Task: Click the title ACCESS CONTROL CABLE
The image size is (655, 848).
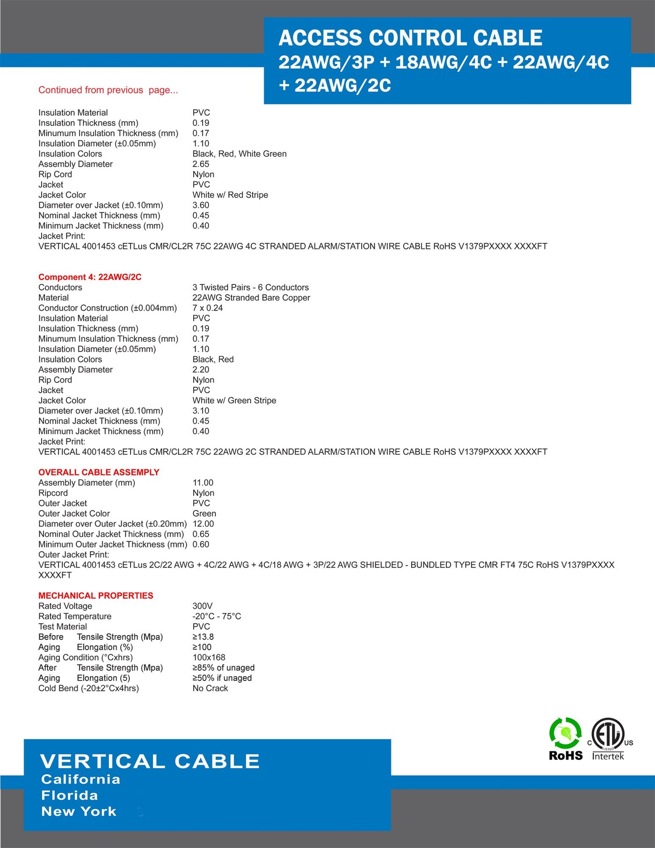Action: click(x=410, y=38)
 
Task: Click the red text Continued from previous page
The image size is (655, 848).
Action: click(x=108, y=90)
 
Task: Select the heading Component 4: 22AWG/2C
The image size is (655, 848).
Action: click(x=90, y=277)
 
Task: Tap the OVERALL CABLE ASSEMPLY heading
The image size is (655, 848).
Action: click(x=99, y=472)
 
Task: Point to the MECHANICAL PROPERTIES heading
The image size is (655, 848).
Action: click(x=96, y=596)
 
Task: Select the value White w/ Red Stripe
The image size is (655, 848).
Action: click(x=230, y=195)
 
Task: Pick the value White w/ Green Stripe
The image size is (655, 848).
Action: click(x=234, y=401)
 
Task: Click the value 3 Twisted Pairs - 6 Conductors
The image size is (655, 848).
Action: click(x=250, y=287)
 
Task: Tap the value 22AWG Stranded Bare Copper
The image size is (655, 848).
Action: click(x=251, y=298)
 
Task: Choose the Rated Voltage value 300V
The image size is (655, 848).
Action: click(x=203, y=606)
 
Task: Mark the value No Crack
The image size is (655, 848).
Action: click(x=210, y=688)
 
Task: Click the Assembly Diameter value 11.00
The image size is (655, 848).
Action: click(x=203, y=482)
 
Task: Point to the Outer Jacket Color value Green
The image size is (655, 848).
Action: click(x=204, y=513)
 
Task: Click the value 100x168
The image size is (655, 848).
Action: click(x=209, y=658)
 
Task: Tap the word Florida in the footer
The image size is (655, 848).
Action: click(x=70, y=796)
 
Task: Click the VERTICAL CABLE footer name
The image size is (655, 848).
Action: click(x=150, y=761)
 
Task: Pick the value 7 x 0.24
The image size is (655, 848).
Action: click(x=208, y=308)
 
